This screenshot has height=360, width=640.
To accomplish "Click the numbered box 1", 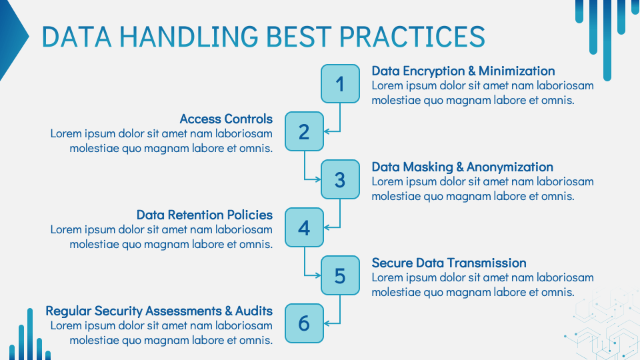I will (340, 83).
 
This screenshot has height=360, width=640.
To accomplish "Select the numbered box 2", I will (304, 131).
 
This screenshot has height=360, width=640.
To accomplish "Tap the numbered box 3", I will (340, 179).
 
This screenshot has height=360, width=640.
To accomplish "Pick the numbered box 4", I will (304, 227).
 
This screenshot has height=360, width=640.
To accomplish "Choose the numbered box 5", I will (340, 275).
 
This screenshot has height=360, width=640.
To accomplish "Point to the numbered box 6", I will (304, 323).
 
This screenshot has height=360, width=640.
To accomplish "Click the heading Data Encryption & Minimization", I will (463, 71).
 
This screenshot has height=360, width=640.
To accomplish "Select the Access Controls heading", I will (226, 119).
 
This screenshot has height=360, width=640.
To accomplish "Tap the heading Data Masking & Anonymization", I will (462, 167).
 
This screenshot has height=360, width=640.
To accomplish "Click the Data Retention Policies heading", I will (204, 215).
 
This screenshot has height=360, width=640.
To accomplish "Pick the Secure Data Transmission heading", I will (449, 263).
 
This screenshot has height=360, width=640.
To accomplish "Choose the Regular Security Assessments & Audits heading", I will (159, 311).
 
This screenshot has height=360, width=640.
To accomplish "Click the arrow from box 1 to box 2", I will (340, 120).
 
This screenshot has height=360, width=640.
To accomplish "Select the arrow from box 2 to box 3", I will (305, 167).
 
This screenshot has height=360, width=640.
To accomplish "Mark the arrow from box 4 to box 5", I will (305, 263).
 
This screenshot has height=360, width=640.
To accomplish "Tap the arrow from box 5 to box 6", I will (340, 311).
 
